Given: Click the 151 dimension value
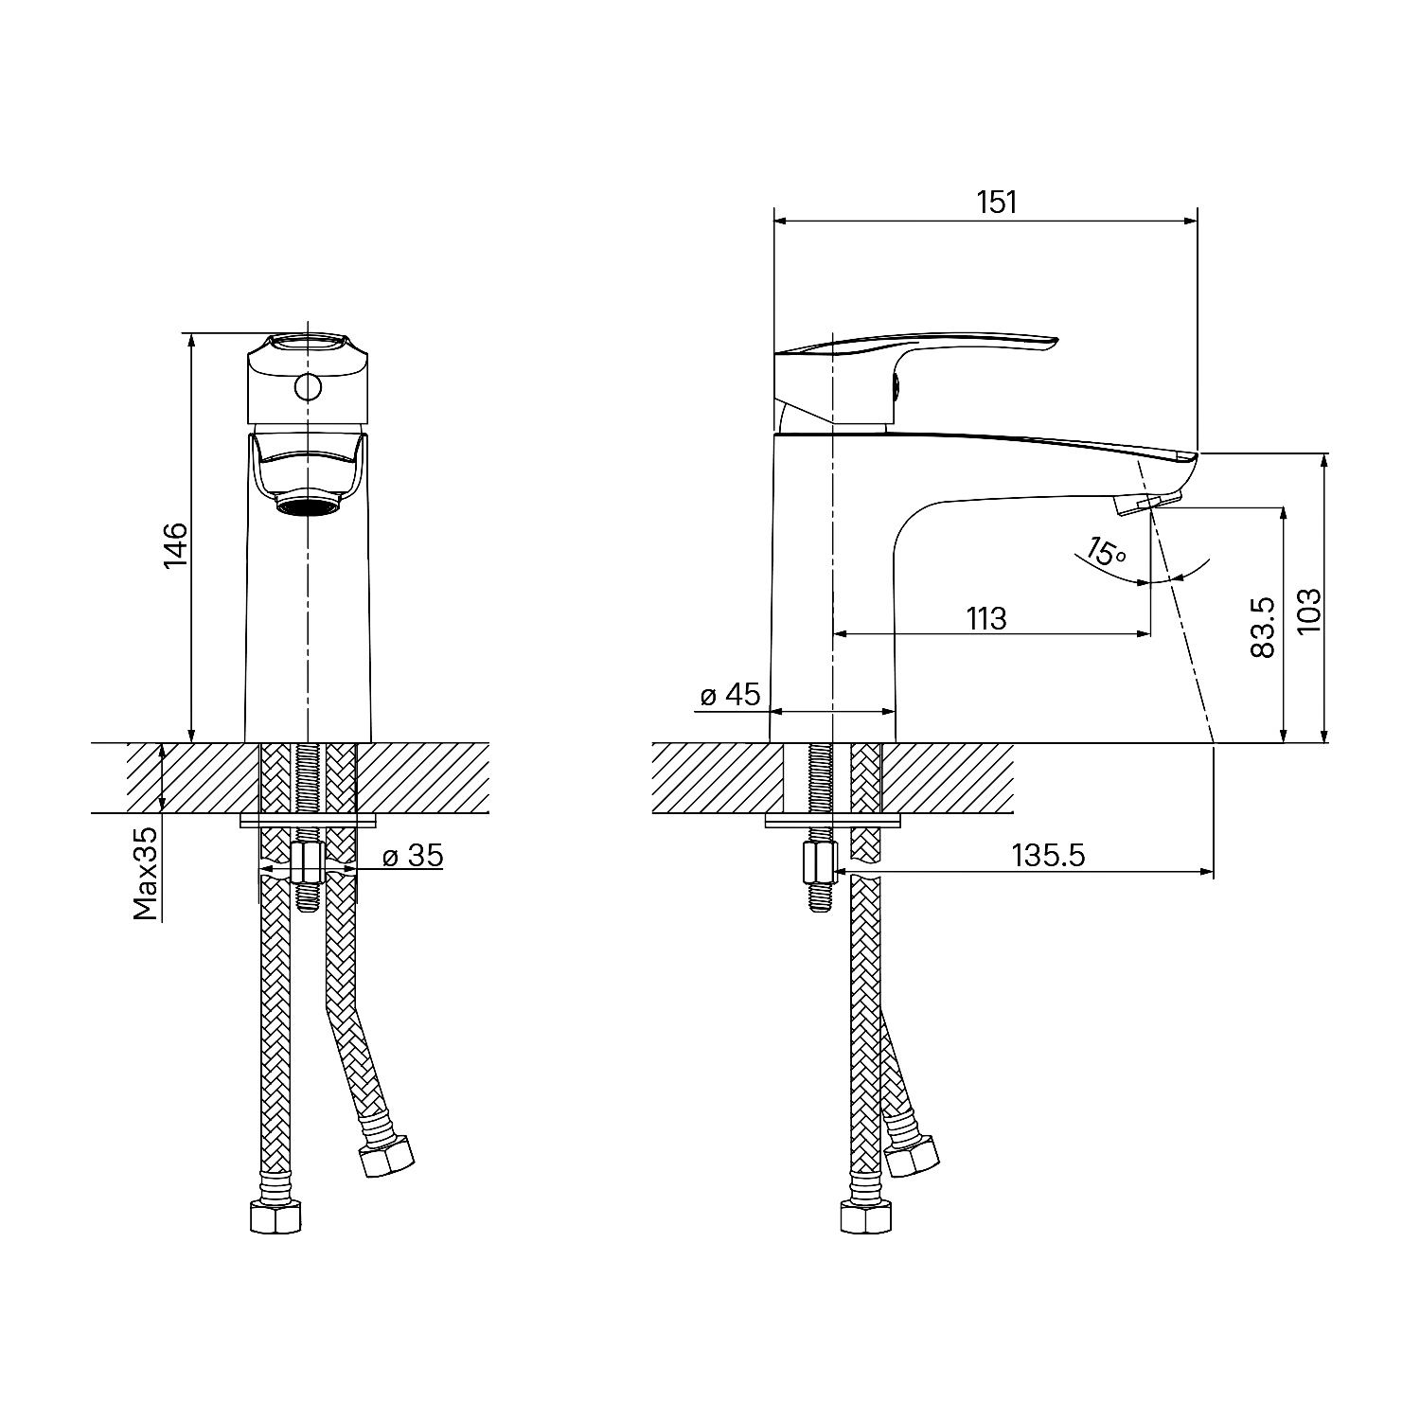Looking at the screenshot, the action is click(997, 203).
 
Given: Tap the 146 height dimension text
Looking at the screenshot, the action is click(177, 546).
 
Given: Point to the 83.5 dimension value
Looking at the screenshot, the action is click(1263, 628).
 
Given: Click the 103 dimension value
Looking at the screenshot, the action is click(1307, 612).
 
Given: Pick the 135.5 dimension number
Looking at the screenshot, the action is click(1048, 855).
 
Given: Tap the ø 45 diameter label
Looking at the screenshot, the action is click(730, 695).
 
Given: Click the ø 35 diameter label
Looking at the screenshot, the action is click(413, 856).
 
